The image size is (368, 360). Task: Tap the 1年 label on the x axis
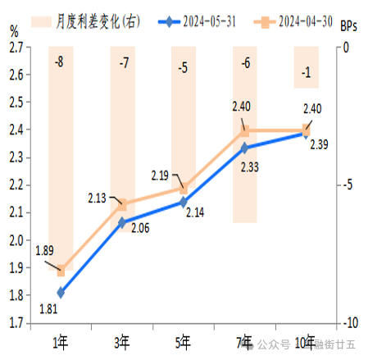click(x=60, y=342)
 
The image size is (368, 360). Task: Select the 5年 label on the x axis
click(x=183, y=342)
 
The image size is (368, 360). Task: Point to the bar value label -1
click(x=306, y=74)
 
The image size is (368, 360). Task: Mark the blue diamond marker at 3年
click(x=122, y=221)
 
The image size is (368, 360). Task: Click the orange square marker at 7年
click(x=244, y=130)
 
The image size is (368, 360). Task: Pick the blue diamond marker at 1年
click(x=61, y=291)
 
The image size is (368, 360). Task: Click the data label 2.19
click(x=161, y=175)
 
